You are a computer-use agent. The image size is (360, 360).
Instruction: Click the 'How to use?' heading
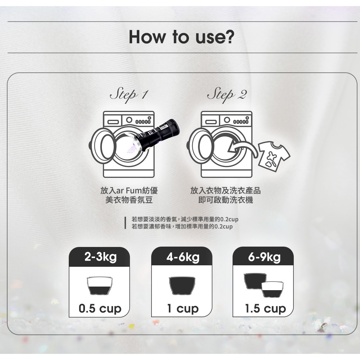[181, 37]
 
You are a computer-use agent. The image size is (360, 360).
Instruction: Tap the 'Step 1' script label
[129, 95]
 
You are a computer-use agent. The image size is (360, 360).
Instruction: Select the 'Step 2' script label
[227, 95]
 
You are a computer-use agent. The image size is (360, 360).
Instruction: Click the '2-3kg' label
[100, 257]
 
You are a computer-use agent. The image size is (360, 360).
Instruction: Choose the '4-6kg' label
[183, 257]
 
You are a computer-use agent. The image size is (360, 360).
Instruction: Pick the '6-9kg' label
[264, 257]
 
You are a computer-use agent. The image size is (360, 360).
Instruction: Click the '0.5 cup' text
[100, 309]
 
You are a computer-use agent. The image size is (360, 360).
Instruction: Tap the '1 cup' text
[183, 309]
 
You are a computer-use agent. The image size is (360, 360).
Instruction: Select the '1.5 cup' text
[265, 309]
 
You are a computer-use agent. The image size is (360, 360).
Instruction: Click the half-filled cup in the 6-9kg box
[272, 289]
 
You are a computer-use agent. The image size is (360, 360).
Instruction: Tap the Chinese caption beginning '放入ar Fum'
[129, 195]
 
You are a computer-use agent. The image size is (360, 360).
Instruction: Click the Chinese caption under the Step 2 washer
[225, 195]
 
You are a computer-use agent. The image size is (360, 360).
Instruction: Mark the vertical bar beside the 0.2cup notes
[125, 223]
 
